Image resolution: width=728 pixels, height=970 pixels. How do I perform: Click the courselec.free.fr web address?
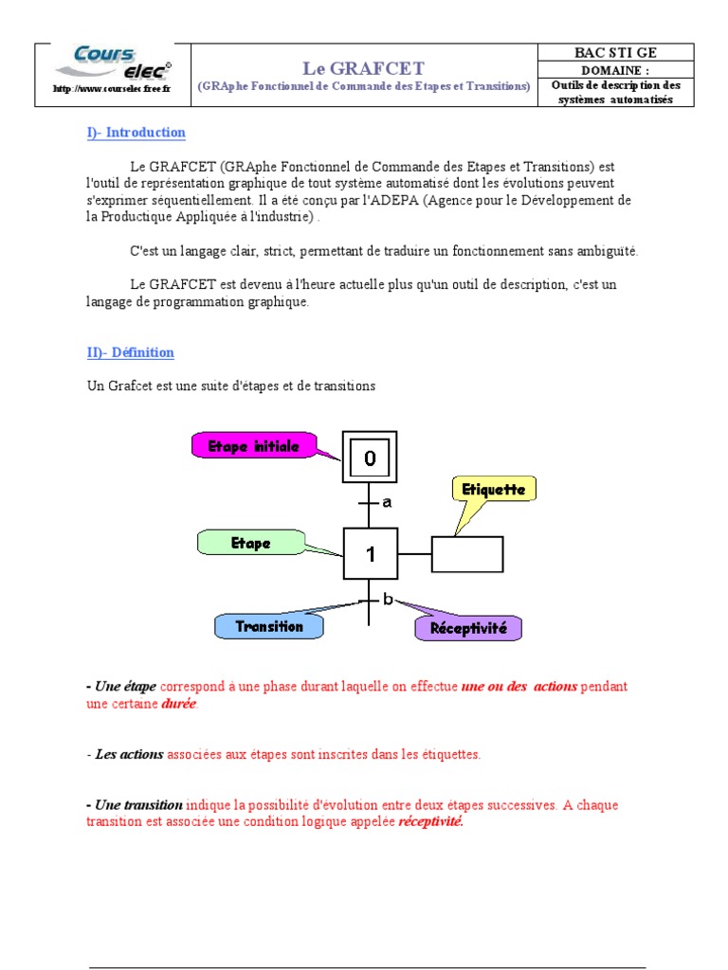pos(112,89)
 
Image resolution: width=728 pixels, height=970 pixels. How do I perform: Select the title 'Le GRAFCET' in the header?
pos(363,68)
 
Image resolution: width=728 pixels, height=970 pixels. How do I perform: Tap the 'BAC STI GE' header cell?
pos(614,53)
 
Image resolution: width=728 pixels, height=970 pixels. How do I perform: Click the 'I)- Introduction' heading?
pos(136,133)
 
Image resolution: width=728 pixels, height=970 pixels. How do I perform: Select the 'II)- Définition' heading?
pos(131,352)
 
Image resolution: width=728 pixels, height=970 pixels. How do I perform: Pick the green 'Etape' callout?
pos(251,543)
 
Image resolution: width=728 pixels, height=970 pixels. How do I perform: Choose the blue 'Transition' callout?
pos(268,626)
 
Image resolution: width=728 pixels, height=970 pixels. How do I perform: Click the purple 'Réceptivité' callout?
pos(468,628)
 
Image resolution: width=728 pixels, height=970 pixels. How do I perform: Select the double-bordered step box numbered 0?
pos(370,458)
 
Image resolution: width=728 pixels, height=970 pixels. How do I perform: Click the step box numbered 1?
pos(370,554)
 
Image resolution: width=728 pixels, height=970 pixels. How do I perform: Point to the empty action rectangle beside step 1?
pos(467,554)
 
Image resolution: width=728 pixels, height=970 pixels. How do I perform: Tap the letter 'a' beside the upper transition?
pos(387,503)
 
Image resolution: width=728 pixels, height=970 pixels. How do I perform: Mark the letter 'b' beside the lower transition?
pos(388,599)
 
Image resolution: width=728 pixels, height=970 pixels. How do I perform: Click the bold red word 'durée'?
pos(180,704)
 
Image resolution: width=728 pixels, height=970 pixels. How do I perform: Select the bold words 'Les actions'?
pos(130,755)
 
